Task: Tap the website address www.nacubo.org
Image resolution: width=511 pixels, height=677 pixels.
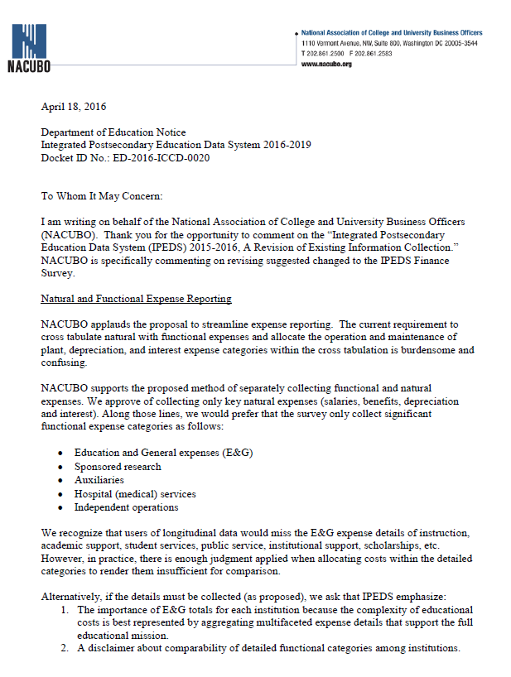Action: (328, 64)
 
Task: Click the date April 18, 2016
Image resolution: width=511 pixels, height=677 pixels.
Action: (74, 106)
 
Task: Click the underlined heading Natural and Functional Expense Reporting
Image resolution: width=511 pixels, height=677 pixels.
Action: (137, 298)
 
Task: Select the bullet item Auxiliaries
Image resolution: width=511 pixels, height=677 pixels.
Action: (99, 480)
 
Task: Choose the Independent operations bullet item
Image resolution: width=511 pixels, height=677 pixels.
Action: (126, 507)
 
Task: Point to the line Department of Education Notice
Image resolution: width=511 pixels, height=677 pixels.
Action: (113, 132)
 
